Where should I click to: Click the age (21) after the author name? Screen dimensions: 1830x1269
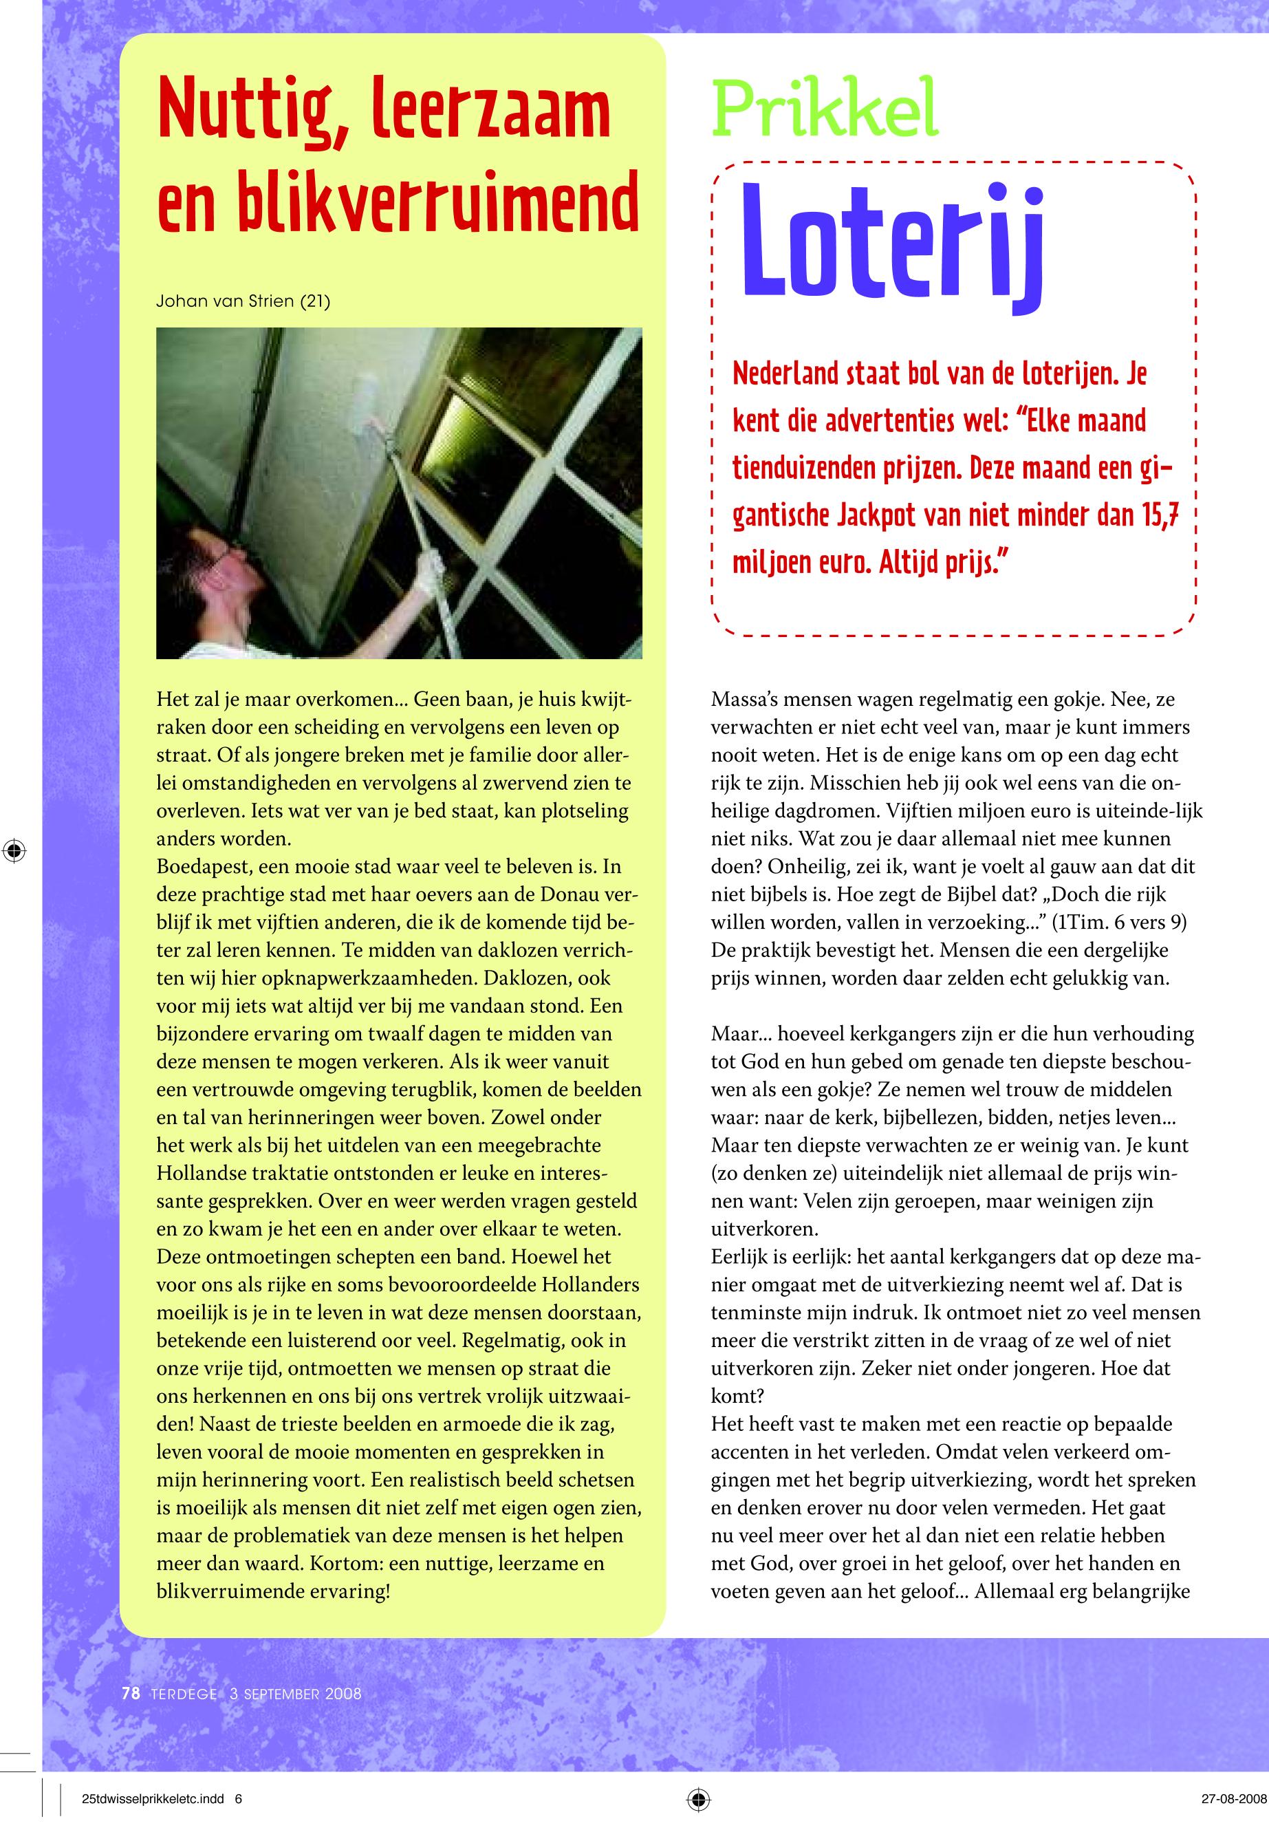tap(315, 301)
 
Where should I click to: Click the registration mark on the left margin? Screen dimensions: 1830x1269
tap(14, 850)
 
